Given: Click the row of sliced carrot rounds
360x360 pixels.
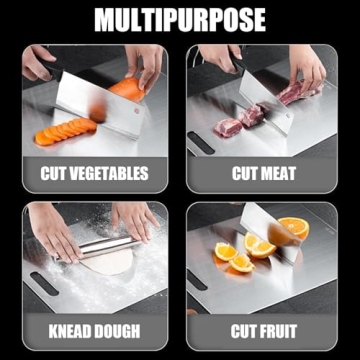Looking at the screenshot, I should pyautogui.click(x=65, y=129).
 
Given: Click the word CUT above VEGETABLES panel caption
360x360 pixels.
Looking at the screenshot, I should pyautogui.click(x=54, y=173).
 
